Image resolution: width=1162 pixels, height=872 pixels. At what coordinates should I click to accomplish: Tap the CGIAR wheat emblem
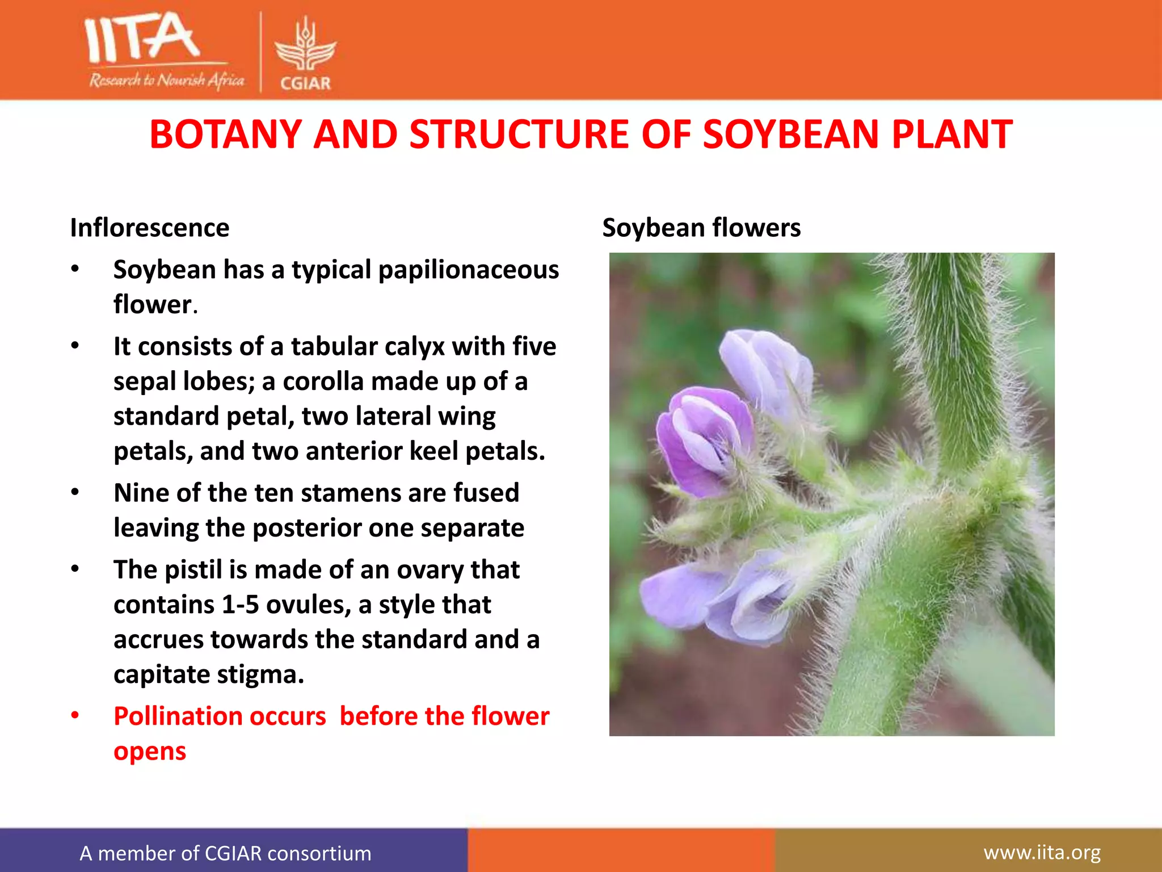(305, 45)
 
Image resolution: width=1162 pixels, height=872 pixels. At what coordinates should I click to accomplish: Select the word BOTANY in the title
(225, 135)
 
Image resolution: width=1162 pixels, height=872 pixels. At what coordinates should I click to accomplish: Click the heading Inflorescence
(150, 228)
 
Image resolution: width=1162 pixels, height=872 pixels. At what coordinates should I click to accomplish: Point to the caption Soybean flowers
(701, 228)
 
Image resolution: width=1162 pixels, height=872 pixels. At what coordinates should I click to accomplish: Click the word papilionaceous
(468, 270)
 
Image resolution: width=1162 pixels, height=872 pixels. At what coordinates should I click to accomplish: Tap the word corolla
(320, 381)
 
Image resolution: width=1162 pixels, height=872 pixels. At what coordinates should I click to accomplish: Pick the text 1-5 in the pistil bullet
(239, 605)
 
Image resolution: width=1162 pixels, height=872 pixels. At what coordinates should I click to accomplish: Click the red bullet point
(75, 716)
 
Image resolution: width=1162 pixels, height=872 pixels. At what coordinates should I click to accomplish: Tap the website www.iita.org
(1042, 853)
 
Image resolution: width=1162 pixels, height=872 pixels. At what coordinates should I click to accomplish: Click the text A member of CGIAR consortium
(225, 853)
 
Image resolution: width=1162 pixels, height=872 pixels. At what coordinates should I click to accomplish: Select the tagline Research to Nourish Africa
(166, 81)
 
